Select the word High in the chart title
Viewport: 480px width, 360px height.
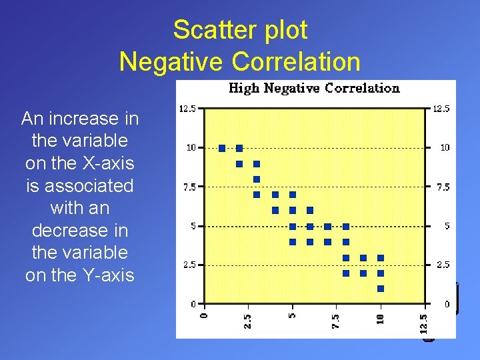coord(244,88)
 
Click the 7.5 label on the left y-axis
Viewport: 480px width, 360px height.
coord(189,187)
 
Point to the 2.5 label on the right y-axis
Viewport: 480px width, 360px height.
coord(443,265)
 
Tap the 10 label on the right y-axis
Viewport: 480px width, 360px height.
coord(445,147)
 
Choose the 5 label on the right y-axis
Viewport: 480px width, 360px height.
coord(447,226)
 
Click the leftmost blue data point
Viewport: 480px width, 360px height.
coord(222,148)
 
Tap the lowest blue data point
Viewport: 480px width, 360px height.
coord(381,289)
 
